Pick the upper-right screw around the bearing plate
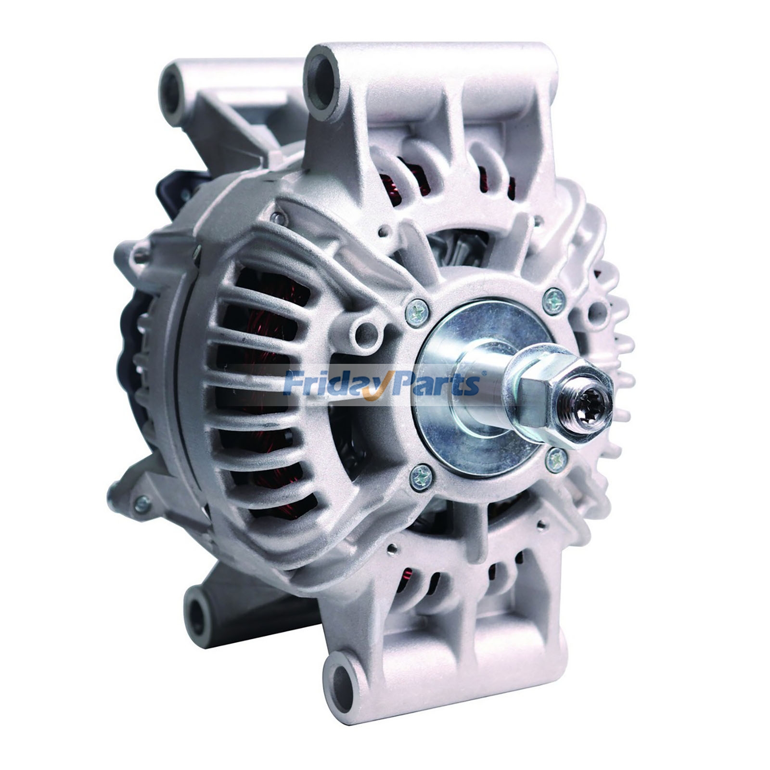553,299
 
